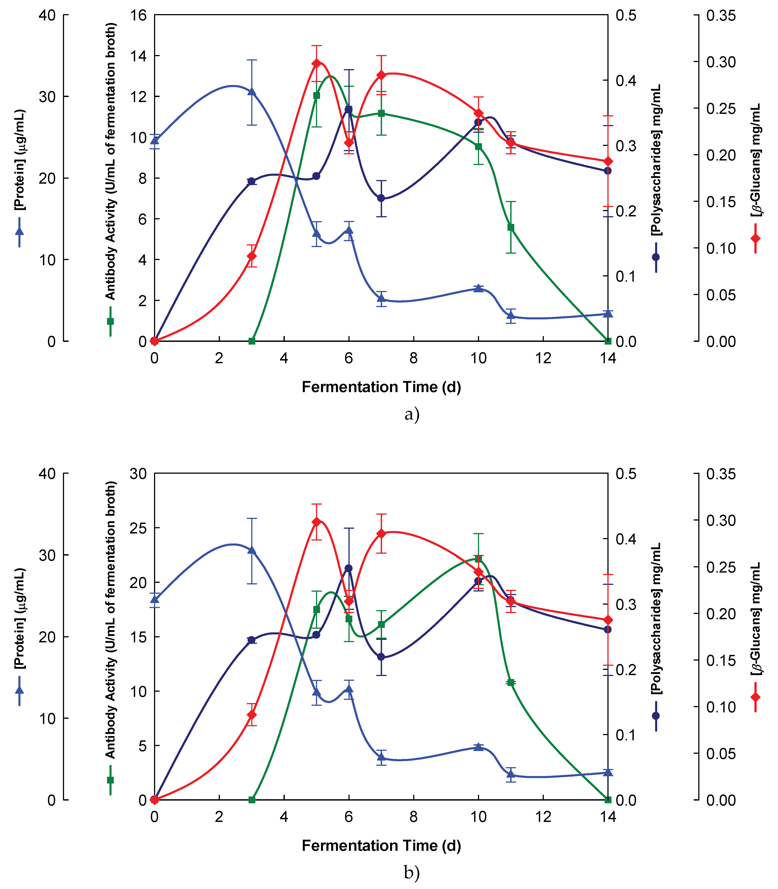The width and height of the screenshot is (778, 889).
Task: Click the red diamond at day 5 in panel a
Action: (316, 63)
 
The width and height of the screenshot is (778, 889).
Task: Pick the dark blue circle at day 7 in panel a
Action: (381, 198)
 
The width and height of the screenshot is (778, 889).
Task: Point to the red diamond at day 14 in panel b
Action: (608, 620)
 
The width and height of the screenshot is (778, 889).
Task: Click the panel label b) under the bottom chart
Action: (412, 872)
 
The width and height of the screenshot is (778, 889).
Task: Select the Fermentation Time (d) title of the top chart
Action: (381, 387)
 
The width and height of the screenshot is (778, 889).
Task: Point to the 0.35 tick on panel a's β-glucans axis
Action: (721, 15)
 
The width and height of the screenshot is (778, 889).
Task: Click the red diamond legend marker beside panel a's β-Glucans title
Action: (756, 238)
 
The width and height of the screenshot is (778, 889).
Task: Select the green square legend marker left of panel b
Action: (110, 780)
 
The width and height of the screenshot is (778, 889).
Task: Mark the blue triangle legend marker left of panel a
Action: (19, 231)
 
